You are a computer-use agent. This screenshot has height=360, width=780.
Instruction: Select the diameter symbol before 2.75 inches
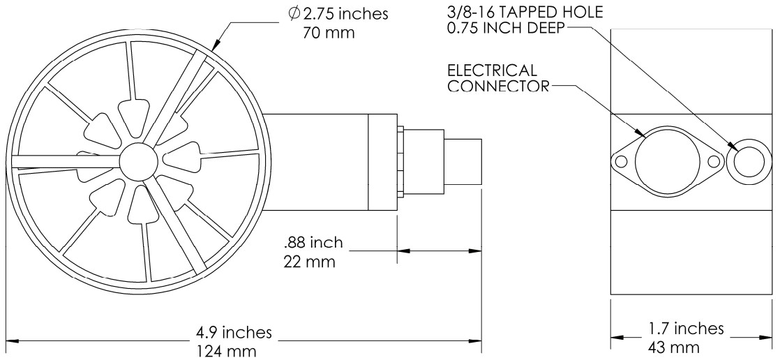(295, 14)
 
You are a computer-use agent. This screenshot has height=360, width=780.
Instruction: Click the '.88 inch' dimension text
(313, 243)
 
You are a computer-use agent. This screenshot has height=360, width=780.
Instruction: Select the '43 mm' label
(673, 347)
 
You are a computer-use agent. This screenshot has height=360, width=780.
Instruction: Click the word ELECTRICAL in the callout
(492, 70)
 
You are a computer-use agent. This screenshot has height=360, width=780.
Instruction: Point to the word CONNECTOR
(498, 86)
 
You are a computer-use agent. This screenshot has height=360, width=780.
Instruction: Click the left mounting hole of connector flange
(621, 162)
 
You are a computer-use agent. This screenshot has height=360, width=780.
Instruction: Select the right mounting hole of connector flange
(714, 162)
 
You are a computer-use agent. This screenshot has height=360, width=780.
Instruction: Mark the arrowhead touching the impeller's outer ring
(216, 46)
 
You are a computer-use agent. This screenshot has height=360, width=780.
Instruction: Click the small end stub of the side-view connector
(463, 162)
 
